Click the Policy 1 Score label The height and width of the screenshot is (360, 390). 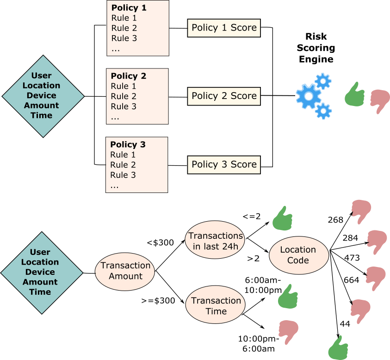224,28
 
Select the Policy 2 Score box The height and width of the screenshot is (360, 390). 224,96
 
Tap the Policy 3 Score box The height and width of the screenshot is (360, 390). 224,165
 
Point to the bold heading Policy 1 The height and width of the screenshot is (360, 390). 129,8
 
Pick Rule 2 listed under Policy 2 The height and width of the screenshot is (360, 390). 124,96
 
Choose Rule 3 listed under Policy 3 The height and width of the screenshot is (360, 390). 123,175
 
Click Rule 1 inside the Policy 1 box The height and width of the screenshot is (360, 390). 124,18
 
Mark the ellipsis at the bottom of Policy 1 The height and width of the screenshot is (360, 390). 116,49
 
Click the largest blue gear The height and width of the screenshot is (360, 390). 308,96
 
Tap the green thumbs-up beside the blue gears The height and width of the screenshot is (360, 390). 354,95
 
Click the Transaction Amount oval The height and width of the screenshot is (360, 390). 125,271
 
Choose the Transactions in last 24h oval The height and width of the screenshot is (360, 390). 216,241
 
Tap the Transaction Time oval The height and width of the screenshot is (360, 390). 216,306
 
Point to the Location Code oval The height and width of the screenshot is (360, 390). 298,255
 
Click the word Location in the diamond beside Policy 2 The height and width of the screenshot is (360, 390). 41,86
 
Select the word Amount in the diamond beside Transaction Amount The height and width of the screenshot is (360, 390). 40,282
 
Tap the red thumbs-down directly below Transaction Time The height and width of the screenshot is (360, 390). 288,331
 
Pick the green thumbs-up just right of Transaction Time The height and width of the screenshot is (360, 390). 288,297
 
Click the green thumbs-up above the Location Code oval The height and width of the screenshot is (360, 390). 282,219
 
